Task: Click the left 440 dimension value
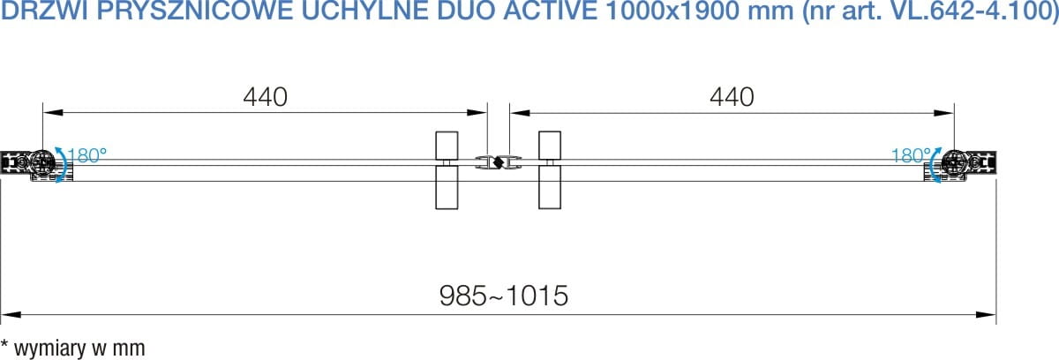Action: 266,97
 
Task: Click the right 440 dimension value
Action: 732,97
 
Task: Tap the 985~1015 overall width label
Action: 504,296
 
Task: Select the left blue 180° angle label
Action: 87,155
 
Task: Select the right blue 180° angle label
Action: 911,155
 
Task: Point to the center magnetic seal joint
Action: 499,162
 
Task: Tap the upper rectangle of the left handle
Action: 447,146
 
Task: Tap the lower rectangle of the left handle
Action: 447,187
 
